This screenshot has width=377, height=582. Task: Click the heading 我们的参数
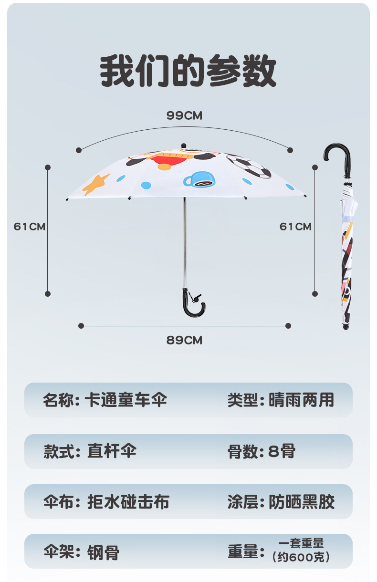pyautogui.click(x=188, y=72)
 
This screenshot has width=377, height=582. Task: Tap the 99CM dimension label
pyautogui.click(x=184, y=115)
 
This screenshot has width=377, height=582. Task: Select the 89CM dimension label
pyautogui.click(x=184, y=340)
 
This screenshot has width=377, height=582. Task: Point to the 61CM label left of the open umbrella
pyautogui.click(x=30, y=226)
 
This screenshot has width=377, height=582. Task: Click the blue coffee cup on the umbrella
pyautogui.click(x=199, y=179)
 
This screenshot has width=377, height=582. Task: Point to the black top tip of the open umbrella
pyautogui.click(x=184, y=145)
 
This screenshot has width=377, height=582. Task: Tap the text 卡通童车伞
pyautogui.click(x=126, y=400)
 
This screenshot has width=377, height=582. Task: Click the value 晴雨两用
pyautogui.click(x=301, y=400)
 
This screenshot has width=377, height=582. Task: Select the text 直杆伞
pyautogui.click(x=112, y=451)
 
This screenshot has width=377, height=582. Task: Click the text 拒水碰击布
pyautogui.click(x=128, y=502)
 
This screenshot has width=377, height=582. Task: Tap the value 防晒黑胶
pyautogui.click(x=302, y=502)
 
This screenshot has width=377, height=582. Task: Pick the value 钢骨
pyautogui.click(x=103, y=553)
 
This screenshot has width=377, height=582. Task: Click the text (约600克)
pyautogui.click(x=301, y=557)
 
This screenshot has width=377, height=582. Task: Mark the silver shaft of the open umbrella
pyautogui.click(x=184, y=243)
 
